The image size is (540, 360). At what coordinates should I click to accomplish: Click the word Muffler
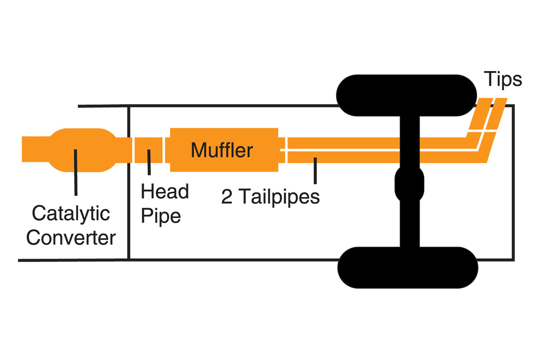222,150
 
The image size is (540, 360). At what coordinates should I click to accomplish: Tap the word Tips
503,80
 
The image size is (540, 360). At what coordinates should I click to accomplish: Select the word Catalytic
71,214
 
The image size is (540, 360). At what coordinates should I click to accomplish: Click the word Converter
71,238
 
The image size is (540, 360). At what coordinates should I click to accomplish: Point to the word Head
165,191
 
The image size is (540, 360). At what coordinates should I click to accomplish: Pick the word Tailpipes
280,197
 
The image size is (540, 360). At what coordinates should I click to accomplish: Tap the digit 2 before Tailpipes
227,197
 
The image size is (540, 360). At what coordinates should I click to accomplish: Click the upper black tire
406,95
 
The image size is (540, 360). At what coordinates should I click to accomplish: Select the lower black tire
408,267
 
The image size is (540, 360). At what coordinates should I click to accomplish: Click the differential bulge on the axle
409,184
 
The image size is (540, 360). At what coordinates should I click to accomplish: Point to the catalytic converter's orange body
82,150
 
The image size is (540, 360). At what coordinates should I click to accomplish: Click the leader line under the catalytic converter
76,172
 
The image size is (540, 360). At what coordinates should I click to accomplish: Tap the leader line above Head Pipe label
149,162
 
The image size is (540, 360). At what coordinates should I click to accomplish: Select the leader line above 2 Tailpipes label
315,171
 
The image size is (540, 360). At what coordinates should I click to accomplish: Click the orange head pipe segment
148,150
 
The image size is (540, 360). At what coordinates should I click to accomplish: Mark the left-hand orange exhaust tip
481,113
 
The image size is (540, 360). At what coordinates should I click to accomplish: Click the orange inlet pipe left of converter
36,149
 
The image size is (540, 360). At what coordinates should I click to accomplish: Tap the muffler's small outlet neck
282,150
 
